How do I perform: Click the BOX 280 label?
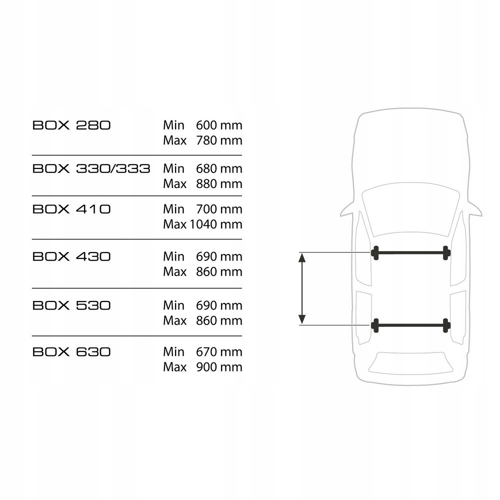tap(71, 125)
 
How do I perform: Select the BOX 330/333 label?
tap(91, 168)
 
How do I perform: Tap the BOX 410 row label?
tap(71, 208)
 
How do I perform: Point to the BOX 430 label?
tap(71, 256)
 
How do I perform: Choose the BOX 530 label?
tap(71, 305)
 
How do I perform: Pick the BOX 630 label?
tap(71, 351)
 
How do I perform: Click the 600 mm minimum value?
tap(219, 125)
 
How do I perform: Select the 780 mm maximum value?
tap(219, 140)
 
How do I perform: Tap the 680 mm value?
tap(219, 168)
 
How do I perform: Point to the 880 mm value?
tap(219, 184)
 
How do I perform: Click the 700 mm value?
tap(219, 208)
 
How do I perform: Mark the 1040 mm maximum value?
tap(215, 224)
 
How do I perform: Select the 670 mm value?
tap(219, 351)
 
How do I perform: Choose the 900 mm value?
tap(219, 367)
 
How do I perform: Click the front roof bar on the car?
tap(410, 253)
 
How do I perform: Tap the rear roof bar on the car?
tap(410, 325)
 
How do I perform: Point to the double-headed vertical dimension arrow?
tap(301, 289)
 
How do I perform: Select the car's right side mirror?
tap(474, 210)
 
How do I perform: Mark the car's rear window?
tap(410, 362)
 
